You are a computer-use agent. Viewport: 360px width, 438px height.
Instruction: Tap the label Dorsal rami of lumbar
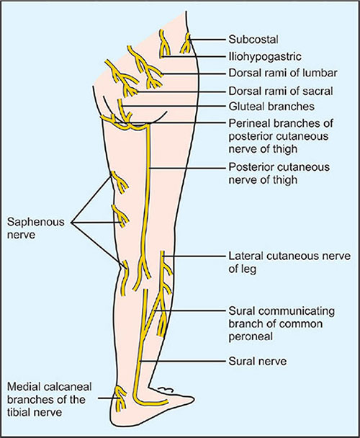pyautogui.click(x=270, y=73)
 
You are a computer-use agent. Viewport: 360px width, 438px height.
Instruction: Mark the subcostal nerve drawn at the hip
pyautogui.click(x=187, y=45)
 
